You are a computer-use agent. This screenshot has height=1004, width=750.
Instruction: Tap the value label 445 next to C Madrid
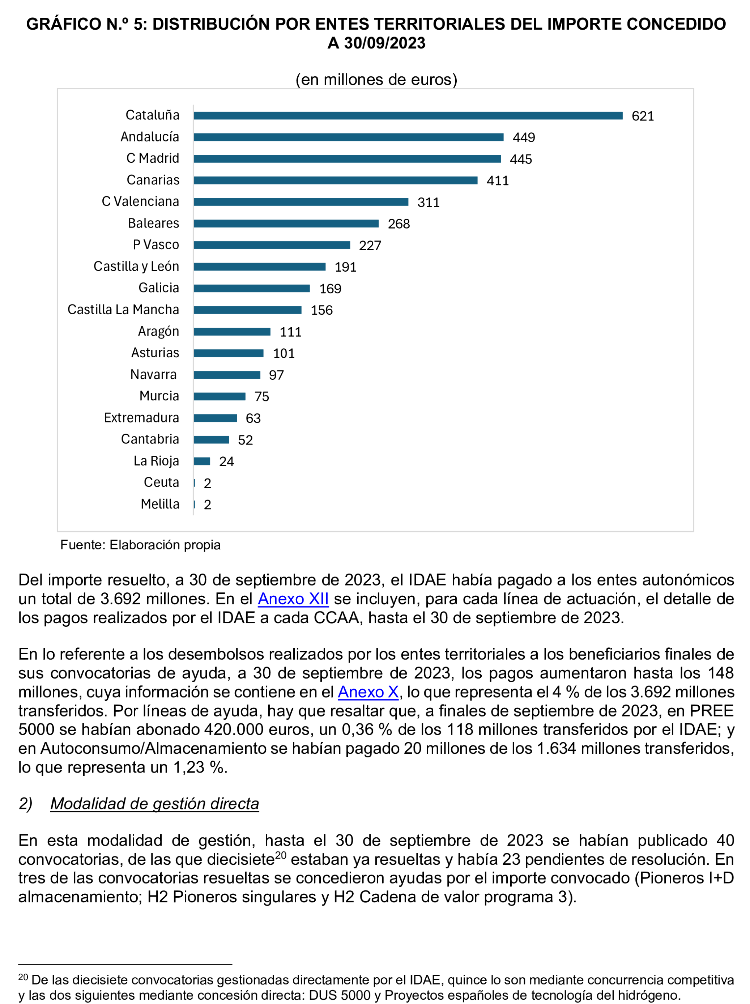tap(520, 159)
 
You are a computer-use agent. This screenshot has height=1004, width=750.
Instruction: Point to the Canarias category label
tap(153, 180)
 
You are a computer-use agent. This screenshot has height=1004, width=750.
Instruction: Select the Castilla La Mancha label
tap(123, 310)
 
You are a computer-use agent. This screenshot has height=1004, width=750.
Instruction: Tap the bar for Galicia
tap(251, 288)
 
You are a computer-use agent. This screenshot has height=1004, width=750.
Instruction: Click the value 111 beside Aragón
tap(290, 332)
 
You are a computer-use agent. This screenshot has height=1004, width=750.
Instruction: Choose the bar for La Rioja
tap(202, 461)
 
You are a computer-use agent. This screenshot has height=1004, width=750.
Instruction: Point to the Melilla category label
tap(160, 504)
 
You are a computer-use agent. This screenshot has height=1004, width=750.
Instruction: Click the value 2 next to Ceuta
tap(207, 483)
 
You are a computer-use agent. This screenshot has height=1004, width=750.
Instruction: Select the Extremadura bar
tap(215, 418)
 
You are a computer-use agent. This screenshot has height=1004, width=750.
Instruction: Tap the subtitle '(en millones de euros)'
tap(376, 80)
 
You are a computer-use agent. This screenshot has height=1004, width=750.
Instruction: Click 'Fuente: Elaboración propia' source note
tap(140, 545)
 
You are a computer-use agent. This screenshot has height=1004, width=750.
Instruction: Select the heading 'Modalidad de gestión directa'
tap(154, 803)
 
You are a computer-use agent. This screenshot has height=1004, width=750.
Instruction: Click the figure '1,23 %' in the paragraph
tap(200, 767)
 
